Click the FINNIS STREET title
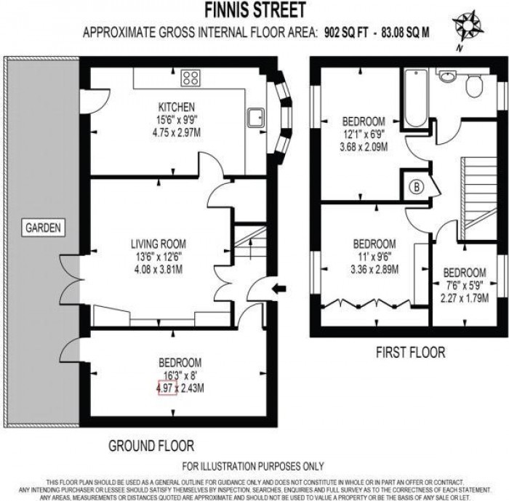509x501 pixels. pos(254,10)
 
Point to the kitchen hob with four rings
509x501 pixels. pos(192,78)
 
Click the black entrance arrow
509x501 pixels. pos(278,290)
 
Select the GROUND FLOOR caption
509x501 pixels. pos(151,445)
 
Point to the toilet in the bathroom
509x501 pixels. pos(473,86)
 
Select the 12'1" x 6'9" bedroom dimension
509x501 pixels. pos(364,134)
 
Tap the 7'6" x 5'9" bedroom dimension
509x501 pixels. pos(465,285)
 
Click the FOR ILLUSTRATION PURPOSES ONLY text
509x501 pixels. pos(254,465)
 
